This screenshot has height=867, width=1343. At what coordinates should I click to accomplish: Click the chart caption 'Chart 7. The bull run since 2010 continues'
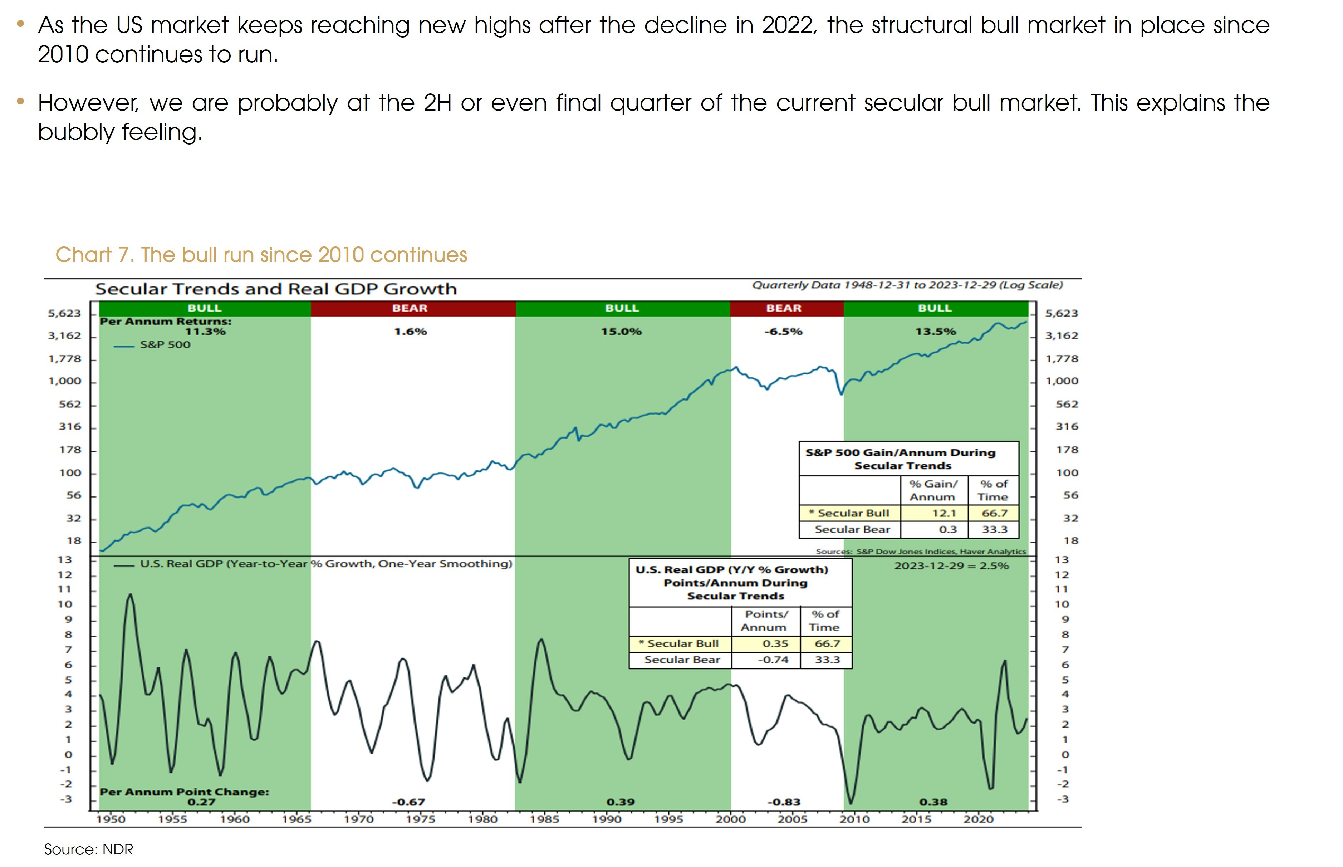tap(261, 255)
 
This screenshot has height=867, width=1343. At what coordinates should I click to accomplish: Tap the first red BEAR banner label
tap(410, 308)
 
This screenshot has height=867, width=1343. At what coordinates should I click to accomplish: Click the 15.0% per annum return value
tap(621, 332)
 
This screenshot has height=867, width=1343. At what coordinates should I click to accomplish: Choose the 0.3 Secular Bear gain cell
tap(948, 529)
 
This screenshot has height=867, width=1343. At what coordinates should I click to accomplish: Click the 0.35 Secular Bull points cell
tap(775, 643)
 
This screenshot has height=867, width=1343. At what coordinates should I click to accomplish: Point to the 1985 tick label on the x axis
tap(544, 819)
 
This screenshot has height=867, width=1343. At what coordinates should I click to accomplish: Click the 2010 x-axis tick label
tap(854, 819)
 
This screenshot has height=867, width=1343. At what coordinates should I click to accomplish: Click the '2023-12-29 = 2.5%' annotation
tap(951, 566)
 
